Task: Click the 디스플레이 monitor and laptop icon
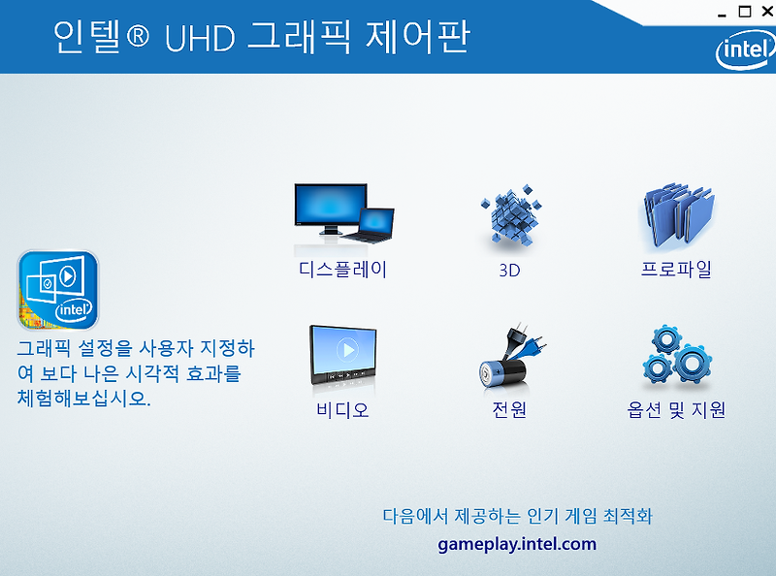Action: point(344,213)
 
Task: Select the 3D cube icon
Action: point(511,214)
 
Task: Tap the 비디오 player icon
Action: point(343,355)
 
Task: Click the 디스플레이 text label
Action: point(342,270)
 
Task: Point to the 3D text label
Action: point(510,271)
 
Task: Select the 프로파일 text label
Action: point(676,270)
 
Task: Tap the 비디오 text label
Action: point(342,410)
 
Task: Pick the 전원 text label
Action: point(509,410)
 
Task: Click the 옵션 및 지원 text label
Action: point(676,410)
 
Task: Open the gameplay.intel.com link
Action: point(517,544)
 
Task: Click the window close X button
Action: point(767,11)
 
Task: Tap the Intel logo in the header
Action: point(745,49)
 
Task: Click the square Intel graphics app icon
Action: point(58,290)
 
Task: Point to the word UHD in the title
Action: point(200,38)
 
